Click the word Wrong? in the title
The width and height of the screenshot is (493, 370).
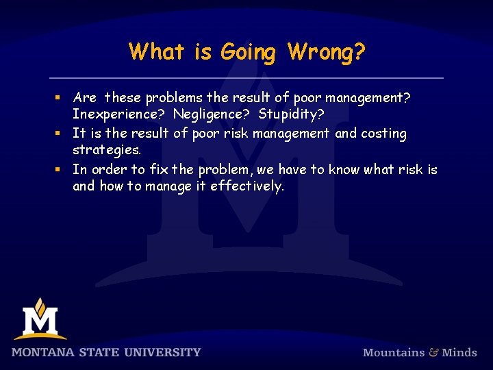pos(327,52)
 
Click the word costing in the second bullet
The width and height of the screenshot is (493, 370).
pos(380,133)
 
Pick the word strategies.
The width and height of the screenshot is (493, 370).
pos(107,150)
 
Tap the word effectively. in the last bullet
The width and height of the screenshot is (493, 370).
pos(246,186)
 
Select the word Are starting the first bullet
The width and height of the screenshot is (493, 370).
pos(84,97)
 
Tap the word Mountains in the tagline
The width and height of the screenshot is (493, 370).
pos(393,353)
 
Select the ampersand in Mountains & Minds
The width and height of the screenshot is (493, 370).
pos(433,352)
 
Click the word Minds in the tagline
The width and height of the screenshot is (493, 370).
pos(459,353)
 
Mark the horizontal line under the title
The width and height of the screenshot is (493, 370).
pos(246,77)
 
